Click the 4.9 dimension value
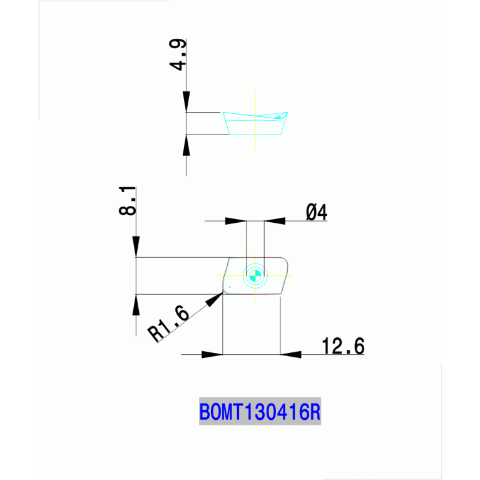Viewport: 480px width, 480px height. pyautogui.click(x=178, y=57)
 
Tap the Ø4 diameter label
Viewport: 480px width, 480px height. pyautogui.click(x=317, y=213)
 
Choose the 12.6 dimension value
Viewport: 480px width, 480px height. pyautogui.click(x=342, y=346)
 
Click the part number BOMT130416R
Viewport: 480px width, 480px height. pyautogui.click(x=260, y=412)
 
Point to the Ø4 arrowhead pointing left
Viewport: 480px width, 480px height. pyautogui.click(x=274, y=221)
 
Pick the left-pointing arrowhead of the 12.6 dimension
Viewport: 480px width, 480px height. pyautogui.click(x=290, y=355)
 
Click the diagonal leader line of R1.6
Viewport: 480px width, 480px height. pyautogui.click(x=188, y=319)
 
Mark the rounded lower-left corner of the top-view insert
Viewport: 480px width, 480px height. pyautogui.click(x=226, y=290)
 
